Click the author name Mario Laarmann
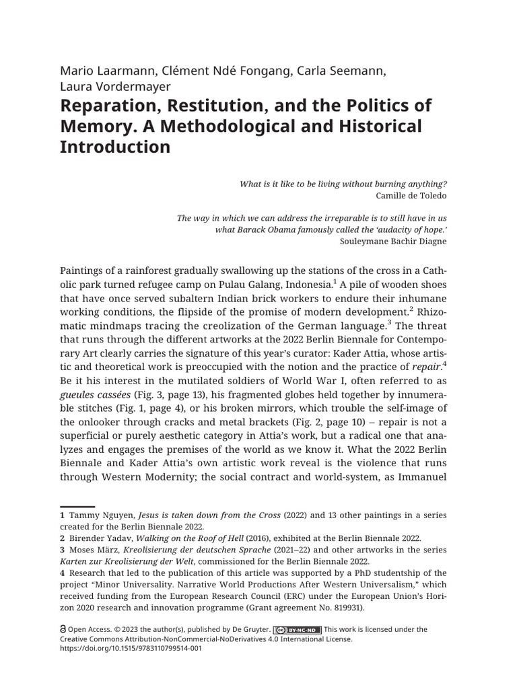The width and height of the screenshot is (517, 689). point(102,71)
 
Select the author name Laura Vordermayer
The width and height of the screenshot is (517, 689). point(115,86)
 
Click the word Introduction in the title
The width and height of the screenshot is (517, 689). point(115,147)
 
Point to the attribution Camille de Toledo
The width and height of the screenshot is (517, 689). point(412,195)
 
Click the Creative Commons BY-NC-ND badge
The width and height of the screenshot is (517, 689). point(297,630)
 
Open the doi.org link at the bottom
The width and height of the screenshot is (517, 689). point(131,649)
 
